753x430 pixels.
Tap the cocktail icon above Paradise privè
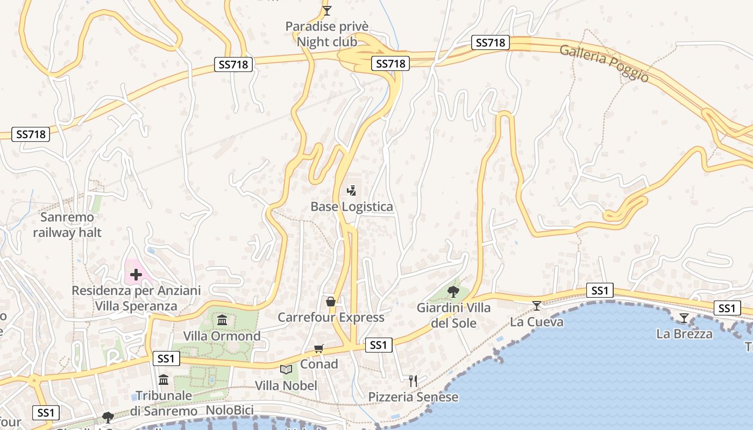(x=327, y=10)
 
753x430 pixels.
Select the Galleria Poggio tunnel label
(x=604, y=63)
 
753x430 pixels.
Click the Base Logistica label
(x=352, y=207)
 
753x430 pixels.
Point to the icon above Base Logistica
(x=352, y=190)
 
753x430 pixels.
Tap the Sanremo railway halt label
(x=67, y=225)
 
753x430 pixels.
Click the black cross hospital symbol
(x=136, y=275)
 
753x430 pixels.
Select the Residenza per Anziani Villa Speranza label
(x=136, y=298)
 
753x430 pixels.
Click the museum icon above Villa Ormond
(x=222, y=321)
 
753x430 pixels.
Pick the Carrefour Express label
(x=331, y=318)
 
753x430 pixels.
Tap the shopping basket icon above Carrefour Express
(x=331, y=302)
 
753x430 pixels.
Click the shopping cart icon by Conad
(x=319, y=349)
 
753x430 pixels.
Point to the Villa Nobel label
(x=286, y=386)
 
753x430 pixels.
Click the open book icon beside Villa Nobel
(x=286, y=369)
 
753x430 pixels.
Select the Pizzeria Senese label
(x=413, y=397)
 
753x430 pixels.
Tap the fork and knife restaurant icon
(x=413, y=381)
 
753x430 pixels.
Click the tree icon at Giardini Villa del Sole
(x=453, y=292)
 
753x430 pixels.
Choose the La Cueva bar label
(x=537, y=322)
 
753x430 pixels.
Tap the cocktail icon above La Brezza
(x=684, y=318)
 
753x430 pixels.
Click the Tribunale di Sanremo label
(x=164, y=403)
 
